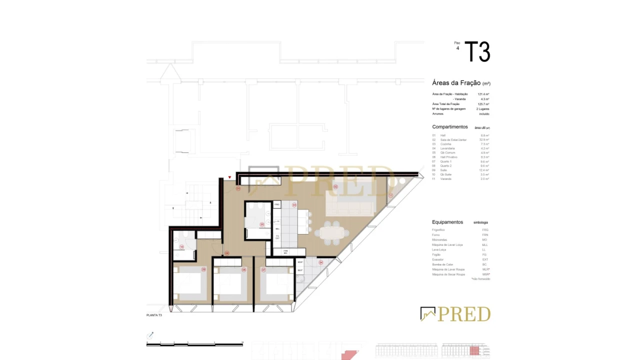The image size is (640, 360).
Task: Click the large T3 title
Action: point(477,52)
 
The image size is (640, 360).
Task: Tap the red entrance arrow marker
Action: point(230,177)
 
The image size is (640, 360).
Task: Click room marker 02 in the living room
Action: point(335,187)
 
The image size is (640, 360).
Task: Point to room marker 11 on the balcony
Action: point(391,195)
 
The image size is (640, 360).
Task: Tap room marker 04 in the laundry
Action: point(320,262)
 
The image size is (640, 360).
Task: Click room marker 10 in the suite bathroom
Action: point(181,247)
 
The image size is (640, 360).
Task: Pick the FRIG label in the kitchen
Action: point(277,205)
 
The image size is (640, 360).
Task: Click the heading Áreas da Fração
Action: point(456,83)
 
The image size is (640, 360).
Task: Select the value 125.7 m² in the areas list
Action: point(483,104)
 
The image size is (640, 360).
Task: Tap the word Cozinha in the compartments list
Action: point(445,144)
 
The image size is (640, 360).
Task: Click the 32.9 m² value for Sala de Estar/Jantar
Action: point(484,139)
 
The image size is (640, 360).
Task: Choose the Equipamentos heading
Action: point(447,222)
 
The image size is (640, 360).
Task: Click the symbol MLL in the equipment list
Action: point(484,245)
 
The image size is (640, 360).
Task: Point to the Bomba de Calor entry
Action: point(442,264)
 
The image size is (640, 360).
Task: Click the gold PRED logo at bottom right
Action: point(455,314)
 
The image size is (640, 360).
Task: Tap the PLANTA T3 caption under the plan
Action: point(154,315)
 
